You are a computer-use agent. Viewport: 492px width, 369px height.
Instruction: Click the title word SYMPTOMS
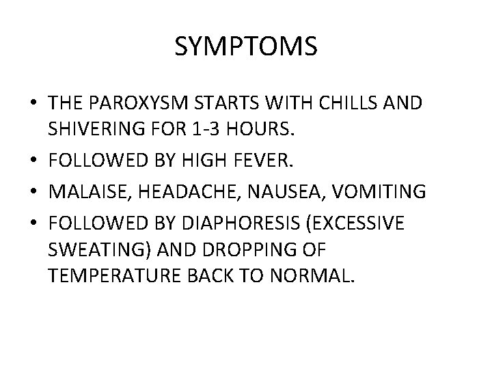(245, 47)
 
